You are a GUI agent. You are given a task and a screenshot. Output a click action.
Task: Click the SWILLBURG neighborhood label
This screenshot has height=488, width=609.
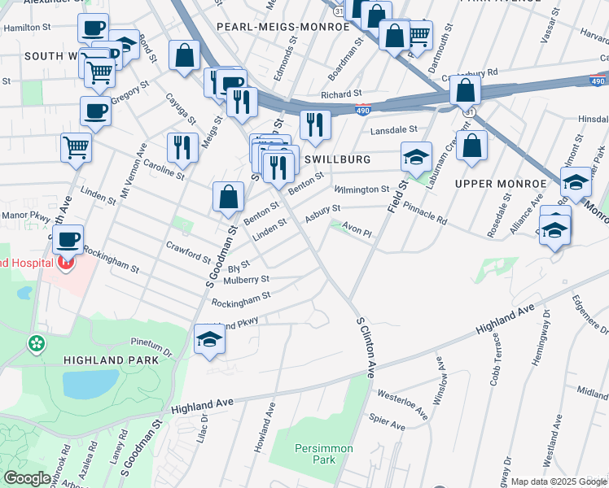337,159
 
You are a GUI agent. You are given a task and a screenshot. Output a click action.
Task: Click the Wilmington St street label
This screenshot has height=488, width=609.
362,190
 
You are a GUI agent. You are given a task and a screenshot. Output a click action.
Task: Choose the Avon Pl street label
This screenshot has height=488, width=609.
357,233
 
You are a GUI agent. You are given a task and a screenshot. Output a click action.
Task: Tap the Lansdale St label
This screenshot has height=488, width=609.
393,130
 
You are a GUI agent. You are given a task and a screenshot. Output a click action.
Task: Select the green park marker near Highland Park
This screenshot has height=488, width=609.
37,343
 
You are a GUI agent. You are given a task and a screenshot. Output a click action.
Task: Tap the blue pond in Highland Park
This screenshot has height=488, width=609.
90,384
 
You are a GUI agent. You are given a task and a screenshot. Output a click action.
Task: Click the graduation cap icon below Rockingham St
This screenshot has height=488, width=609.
209,339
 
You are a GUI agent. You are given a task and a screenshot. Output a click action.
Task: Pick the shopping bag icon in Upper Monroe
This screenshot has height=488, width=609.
471,146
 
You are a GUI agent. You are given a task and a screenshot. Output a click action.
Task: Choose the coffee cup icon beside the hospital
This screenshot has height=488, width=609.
68,239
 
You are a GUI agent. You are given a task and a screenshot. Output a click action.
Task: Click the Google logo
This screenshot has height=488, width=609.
28,478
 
